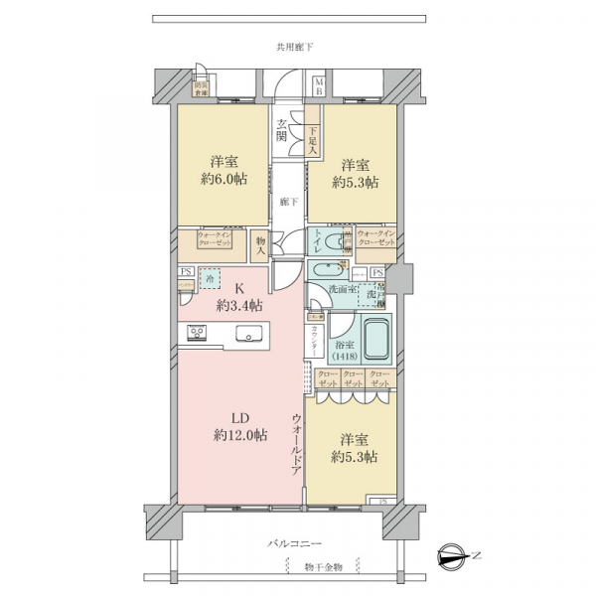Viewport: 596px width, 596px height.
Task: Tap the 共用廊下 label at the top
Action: pyautogui.click(x=295, y=47)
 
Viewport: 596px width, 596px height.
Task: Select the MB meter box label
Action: pyautogui.click(x=319, y=84)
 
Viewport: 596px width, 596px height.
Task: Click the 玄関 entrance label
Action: pyautogui.click(x=283, y=130)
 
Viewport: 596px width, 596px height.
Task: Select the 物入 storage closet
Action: pyautogui.click(x=261, y=244)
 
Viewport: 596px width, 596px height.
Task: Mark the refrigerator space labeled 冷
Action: pyautogui.click(x=210, y=279)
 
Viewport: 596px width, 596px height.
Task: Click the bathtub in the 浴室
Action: pyautogui.click(x=374, y=342)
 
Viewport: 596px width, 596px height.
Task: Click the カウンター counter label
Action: pyautogui.click(x=316, y=342)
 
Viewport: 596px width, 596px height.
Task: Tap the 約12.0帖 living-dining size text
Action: pyautogui.click(x=238, y=435)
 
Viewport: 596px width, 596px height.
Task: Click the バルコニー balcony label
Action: pyautogui.click(x=295, y=544)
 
